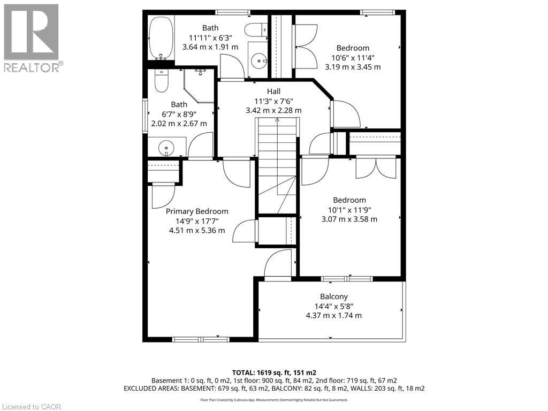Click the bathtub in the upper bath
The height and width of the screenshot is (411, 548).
[161, 38]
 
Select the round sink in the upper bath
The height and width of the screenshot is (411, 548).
[259, 61]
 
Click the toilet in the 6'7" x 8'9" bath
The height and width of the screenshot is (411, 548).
[162, 81]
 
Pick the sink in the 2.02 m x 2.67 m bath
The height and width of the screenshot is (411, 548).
[166, 148]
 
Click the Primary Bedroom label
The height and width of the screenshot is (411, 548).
[197, 211]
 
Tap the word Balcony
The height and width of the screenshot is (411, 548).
[334, 296]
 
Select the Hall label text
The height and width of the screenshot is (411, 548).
[273, 91]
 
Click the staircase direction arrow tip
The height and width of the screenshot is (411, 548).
[277, 118]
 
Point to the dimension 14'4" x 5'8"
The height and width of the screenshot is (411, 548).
[334, 306]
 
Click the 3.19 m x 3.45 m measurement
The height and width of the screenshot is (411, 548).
[353, 67]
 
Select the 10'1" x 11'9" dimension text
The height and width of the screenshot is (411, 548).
[349, 210]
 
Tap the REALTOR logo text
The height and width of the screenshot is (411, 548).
[33, 67]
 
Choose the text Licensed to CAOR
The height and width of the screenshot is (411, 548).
[32, 407]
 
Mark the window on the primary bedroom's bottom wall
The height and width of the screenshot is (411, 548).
[201, 339]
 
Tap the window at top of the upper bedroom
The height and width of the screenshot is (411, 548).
[377, 13]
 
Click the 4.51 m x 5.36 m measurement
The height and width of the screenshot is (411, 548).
[197, 230]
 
